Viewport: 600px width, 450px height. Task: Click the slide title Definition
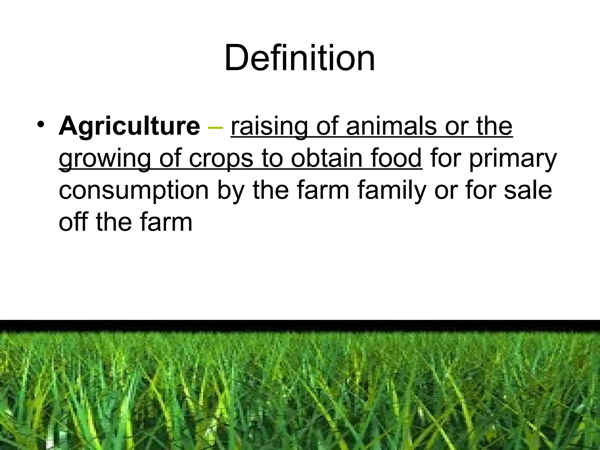(299, 58)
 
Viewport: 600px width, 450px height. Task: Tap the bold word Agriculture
(129, 126)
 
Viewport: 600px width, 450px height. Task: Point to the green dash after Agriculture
(215, 128)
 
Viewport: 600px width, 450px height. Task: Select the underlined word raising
(269, 126)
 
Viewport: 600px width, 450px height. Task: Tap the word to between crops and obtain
(272, 158)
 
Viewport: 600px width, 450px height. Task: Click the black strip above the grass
(300, 324)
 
